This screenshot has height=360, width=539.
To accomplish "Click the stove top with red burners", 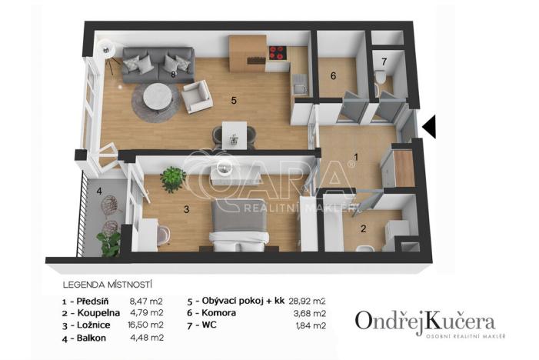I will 278,53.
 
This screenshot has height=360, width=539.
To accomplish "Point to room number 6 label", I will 334,76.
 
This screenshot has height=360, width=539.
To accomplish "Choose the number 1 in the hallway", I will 355,157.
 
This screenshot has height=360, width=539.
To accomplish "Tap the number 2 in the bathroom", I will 364,228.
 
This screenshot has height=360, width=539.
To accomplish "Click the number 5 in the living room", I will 234,99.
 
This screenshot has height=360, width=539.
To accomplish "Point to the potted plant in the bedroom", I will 173,179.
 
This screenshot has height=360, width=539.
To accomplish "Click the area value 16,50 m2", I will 145,325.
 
